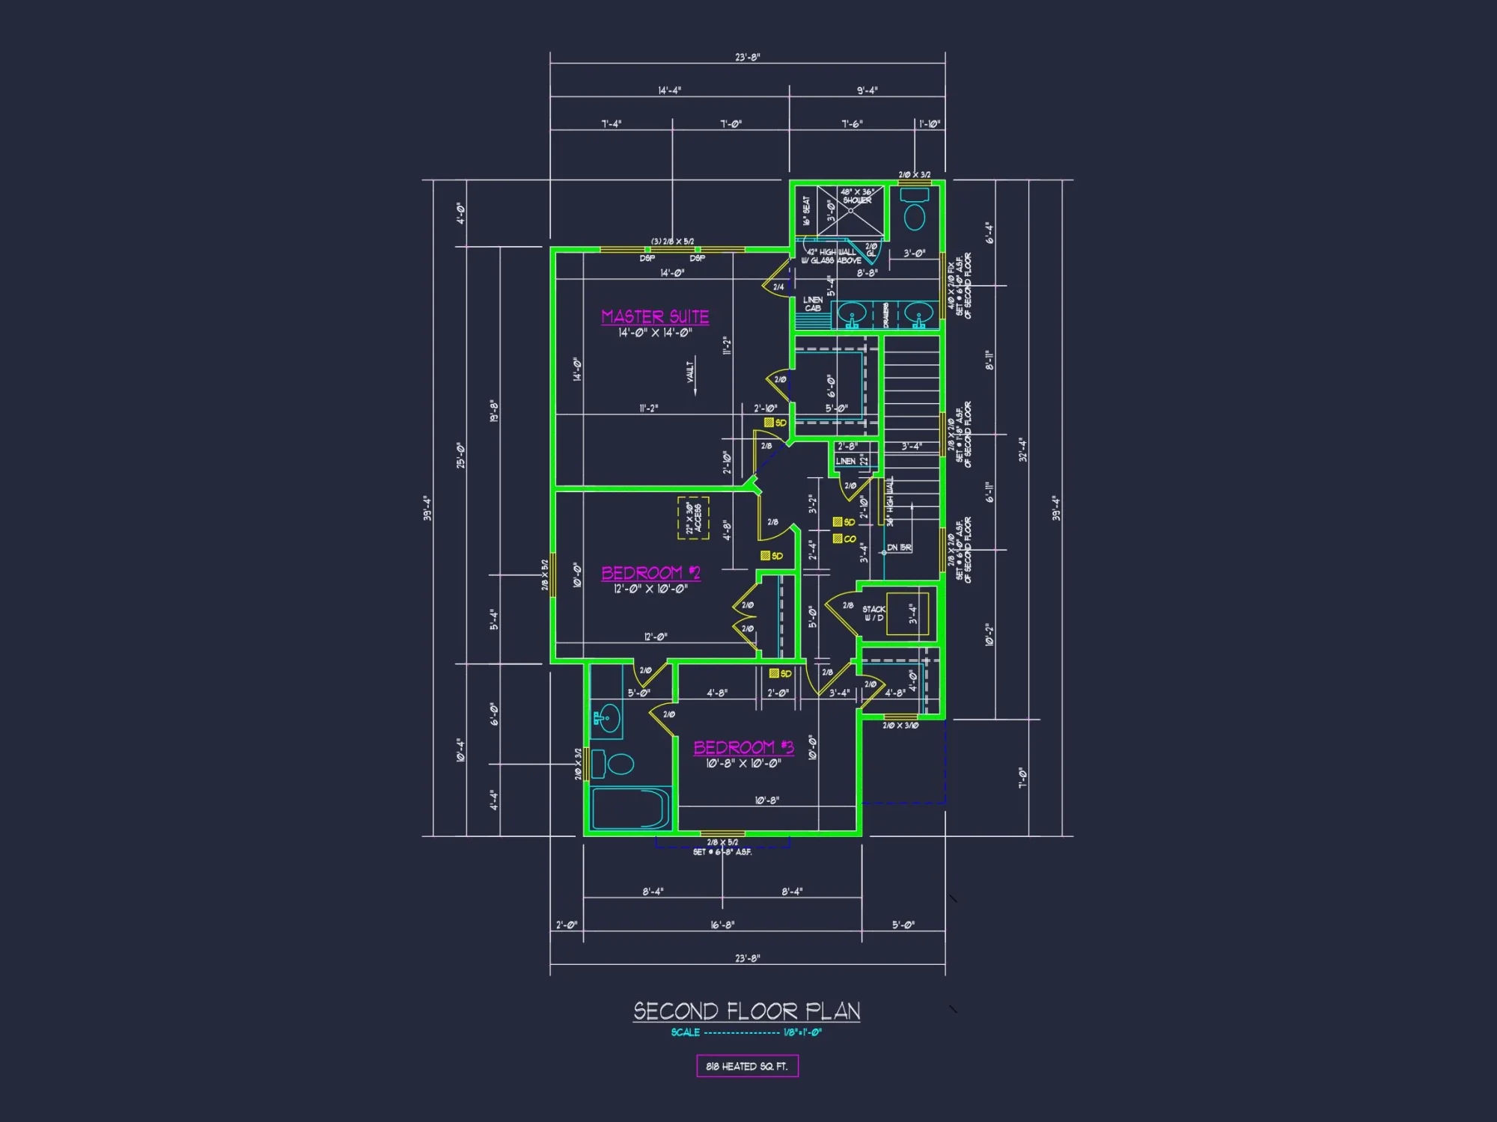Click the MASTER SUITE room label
655,316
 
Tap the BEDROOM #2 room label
650,573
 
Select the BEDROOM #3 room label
743,747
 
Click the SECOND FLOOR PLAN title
746,1011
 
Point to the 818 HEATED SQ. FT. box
747,1066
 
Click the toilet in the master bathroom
914,212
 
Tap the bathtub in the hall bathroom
630,809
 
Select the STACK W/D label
873,613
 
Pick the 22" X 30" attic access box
693,518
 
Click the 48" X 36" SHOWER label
857,196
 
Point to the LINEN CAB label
813,304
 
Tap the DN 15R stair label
899,548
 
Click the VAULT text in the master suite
690,370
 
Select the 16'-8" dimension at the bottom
722,925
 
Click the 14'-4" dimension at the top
669,91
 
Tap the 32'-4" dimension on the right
1022,450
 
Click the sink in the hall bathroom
607,720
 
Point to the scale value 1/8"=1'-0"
802,1032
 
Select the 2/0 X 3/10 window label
900,726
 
